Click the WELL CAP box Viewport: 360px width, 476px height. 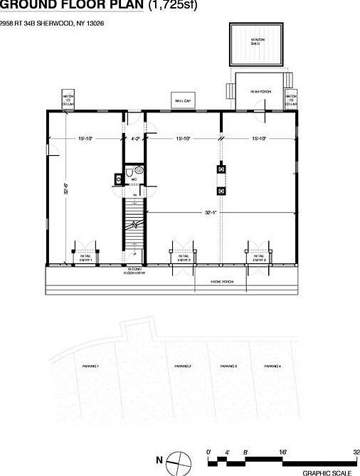[x=184, y=101]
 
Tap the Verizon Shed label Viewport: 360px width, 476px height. [x=255, y=42]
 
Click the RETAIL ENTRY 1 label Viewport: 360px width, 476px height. [x=86, y=259]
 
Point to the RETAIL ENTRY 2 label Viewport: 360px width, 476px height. [x=184, y=259]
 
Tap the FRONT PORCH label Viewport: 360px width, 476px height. [x=221, y=282]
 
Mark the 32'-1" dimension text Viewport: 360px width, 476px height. [x=211, y=211]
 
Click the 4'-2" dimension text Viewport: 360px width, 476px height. [x=135, y=138]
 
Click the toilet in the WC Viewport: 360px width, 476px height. [x=129, y=173]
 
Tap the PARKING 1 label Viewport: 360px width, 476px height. [x=90, y=366]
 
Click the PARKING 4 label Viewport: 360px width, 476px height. [x=272, y=366]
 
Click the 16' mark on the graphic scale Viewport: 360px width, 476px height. [x=283, y=452]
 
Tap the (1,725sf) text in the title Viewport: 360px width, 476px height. [x=172, y=6]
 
